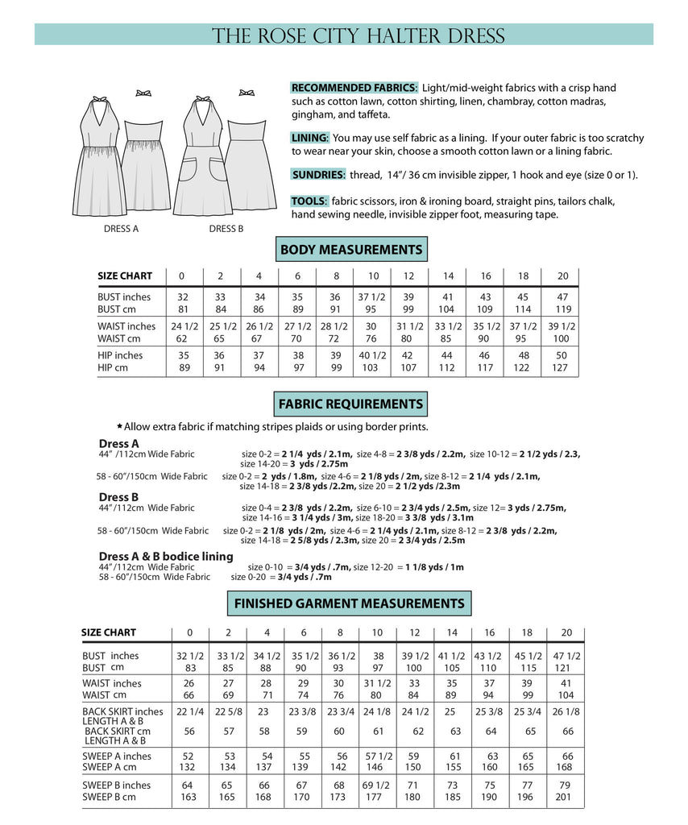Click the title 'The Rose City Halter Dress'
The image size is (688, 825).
click(x=359, y=36)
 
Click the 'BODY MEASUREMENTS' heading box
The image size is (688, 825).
click(x=350, y=250)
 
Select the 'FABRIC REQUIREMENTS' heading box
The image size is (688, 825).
click(x=350, y=404)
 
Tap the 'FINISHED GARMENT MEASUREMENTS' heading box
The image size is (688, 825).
click(x=349, y=603)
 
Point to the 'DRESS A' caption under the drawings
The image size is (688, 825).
click(x=121, y=229)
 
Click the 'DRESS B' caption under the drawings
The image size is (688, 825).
click(x=226, y=229)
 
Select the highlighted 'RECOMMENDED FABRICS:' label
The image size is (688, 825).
click(x=354, y=87)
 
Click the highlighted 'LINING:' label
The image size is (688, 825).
click(x=310, y=139)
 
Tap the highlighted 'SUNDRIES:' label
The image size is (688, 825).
click(x=319, y=175)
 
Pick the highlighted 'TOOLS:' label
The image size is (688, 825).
click(x=309, y=201)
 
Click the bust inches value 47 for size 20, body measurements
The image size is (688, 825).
click(x=562, y=296)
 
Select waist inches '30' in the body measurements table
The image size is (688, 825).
click(x=372, y=326)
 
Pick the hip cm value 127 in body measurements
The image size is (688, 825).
click(x=562, y=367)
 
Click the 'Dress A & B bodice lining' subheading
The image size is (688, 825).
click(x=166, y=556)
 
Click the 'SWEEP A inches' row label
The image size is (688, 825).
click(x=117, y=757)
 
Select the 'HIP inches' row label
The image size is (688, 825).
click(x=120, y=355)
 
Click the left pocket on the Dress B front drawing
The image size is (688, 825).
click(x=189, y=171)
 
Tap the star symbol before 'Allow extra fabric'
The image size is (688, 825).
click(x=120, y=426)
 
